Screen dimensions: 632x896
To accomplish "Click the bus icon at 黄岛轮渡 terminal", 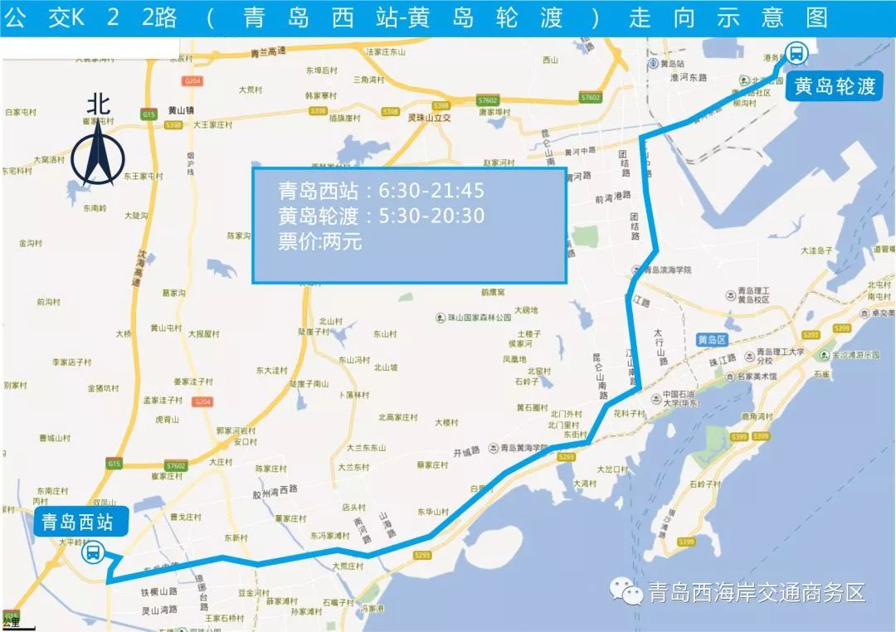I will coord(796,54).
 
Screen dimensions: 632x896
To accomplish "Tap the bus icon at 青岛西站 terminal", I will coord(92,552).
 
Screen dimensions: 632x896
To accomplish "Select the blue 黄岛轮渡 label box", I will coord(835,86).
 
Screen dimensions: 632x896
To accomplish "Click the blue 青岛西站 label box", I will coord(73,523).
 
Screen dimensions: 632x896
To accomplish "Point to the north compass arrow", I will coord(98,153).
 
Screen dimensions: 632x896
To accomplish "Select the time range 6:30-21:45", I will coord(431,192).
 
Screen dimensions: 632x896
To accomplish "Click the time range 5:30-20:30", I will coord(431,217).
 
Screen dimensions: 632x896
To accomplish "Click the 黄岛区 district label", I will coord(712,340).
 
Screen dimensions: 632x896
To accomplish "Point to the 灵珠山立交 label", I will coord(429,119).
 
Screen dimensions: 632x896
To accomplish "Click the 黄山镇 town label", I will coord(180,109).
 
